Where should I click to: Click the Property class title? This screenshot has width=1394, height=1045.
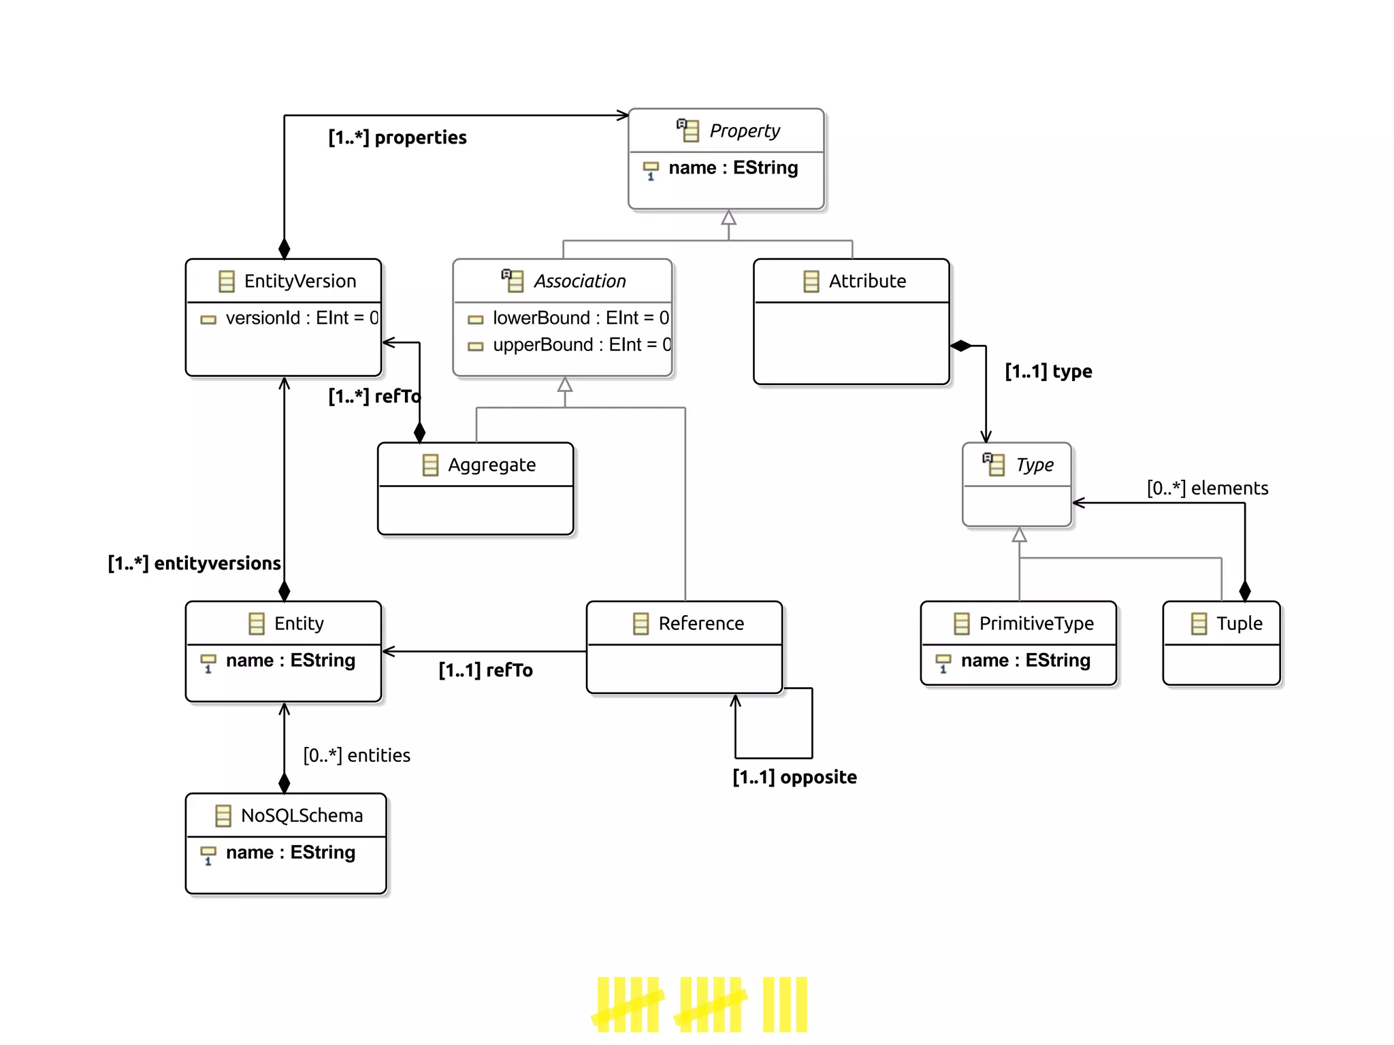pos(744,131)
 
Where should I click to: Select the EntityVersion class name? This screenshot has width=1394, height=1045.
pos(299,281)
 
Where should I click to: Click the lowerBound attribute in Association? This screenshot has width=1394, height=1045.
pos(580,318)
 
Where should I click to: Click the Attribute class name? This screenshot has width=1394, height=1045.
pos(866,281)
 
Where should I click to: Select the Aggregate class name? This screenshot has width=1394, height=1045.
pos(491,465)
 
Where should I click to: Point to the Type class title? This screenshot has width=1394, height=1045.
pos(1034,465)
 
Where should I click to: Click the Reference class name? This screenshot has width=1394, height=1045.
pos(700,623)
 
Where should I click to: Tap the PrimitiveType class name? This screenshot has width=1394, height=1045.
pos(1036,623)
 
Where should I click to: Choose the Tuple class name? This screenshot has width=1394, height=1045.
pos(1239,623)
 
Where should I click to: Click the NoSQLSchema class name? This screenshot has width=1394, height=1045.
pos(302,815)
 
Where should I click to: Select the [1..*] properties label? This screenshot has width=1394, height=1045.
pos(398,137)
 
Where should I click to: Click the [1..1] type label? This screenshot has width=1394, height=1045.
pos(1048,371)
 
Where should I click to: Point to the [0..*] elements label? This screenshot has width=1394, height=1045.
pos(1207,488)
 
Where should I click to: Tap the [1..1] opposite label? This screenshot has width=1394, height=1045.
pos(794,777)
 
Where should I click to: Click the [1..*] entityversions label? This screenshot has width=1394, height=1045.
pos(195,563)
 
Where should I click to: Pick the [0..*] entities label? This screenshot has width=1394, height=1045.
pos(357,755)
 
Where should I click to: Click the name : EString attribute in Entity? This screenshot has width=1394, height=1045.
pos(290,661)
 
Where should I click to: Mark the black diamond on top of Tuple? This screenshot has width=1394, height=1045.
pos(1245,591)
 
